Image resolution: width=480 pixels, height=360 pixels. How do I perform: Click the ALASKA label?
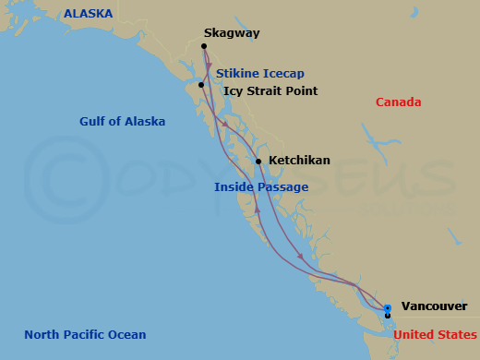click(x=88, y=14)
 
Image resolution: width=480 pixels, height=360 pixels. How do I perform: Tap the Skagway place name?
click(x=232, y=33)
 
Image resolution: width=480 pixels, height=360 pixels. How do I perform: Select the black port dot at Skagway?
click(x=204, y=43)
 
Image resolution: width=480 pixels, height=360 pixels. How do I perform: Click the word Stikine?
click(x=240, y=73)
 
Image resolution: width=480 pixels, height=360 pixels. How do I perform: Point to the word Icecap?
click(x=284, y=73)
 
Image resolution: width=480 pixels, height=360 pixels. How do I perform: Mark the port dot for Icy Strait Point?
click(x=201, y=85)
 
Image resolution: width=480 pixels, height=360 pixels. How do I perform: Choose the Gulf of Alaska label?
click(x=123, y=121)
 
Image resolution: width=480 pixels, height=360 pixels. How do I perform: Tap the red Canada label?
click(x=398, y=102)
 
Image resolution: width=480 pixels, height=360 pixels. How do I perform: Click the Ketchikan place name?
click(x=299, y=161)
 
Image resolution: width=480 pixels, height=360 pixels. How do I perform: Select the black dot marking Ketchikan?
click(x=258, y=162)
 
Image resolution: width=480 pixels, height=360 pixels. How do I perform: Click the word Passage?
click(x=283, y=186)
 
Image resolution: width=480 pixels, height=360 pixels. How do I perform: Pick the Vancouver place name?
click(x=434, y=306)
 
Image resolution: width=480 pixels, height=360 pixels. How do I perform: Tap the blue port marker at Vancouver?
click(x=388, y=308)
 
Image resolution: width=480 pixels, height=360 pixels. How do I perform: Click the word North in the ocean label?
click(x=42, y=334)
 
